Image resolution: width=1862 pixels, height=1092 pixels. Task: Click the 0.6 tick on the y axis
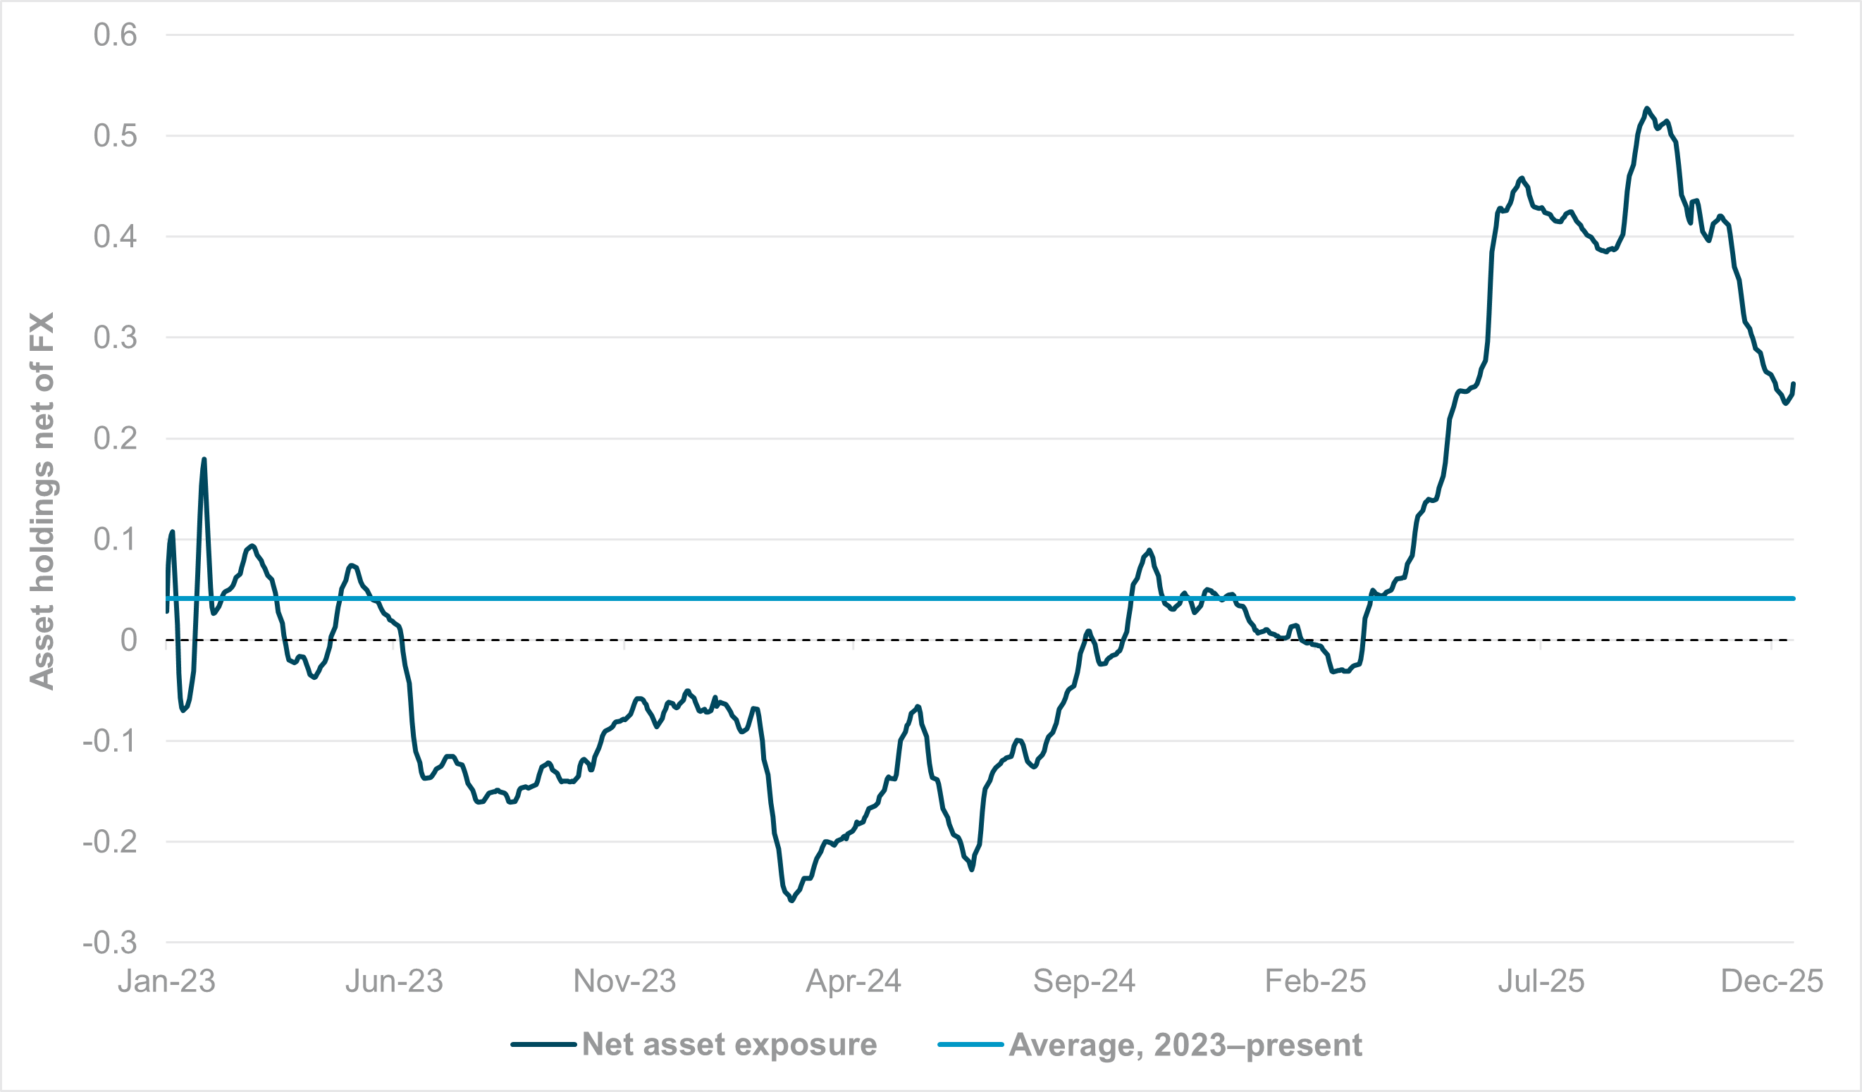coord(116,35)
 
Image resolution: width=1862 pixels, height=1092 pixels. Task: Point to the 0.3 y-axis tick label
coord(116,337)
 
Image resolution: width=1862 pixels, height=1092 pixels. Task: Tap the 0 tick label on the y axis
coord(128,640)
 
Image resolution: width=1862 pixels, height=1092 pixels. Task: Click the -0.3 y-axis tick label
coord(109,943)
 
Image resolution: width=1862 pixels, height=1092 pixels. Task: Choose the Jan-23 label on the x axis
coord(166,981)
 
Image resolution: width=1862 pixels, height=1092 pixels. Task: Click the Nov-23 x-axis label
coord(624,981)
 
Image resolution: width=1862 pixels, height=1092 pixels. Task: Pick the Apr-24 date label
coord(853,981)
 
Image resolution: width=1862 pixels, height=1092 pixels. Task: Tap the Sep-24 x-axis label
coord(1084,981)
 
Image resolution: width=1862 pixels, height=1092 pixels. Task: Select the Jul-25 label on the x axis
coord(1541,981)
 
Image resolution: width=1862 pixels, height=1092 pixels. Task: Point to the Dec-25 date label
coord(1771,981)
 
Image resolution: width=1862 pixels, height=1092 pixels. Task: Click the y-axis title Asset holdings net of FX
coord(42,501)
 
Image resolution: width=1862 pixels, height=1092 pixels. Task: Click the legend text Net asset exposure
coord(729,1045)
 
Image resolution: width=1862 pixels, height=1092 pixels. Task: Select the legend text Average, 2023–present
coord(1185,1045)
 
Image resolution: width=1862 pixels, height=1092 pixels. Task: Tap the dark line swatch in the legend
coord(543,1045)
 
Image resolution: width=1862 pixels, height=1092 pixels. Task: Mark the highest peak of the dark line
coord(1647,108)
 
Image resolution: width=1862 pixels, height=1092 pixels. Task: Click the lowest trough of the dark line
coord(792,900)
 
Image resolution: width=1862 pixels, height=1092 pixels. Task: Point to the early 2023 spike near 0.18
coord(204,459)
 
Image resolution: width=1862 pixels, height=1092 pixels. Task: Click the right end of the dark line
coord(1793,383)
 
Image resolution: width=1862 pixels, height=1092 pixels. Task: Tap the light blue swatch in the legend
coord(970,1045)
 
